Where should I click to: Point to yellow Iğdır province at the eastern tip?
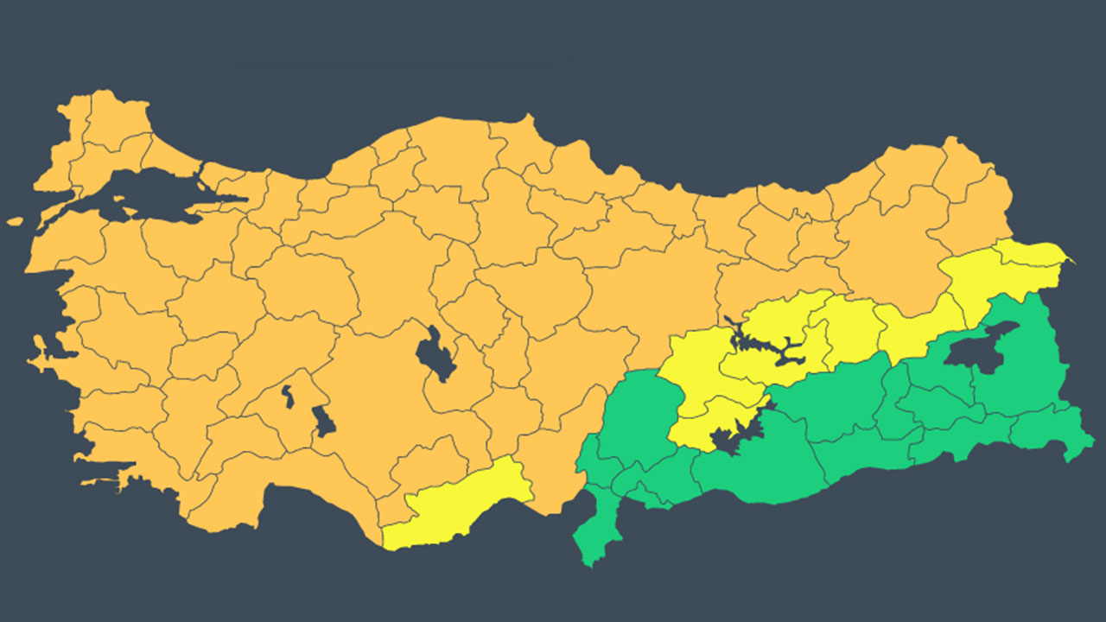pos(1037,254)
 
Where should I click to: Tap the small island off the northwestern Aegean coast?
pos(14,221)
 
